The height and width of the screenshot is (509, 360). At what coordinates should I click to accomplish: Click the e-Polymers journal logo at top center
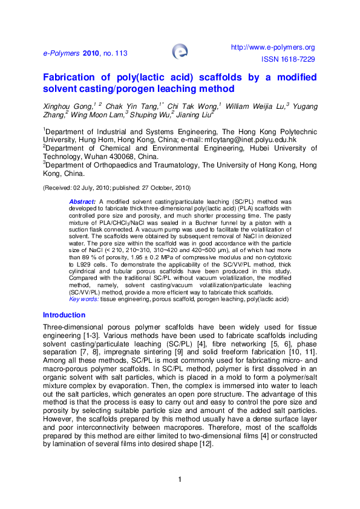click(180, 51)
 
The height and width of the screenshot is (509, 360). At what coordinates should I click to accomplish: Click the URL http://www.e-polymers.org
click(273, 47)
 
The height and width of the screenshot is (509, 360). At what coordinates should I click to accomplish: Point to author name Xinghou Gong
click(64, 106)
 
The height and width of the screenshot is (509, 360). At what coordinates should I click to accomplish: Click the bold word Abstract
click(82, 200)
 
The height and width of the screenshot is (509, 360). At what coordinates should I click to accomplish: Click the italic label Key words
click(83, 299)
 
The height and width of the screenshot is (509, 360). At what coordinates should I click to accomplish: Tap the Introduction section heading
click(64, 315)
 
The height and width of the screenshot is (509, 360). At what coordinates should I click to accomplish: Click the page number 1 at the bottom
click(180, 480)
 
